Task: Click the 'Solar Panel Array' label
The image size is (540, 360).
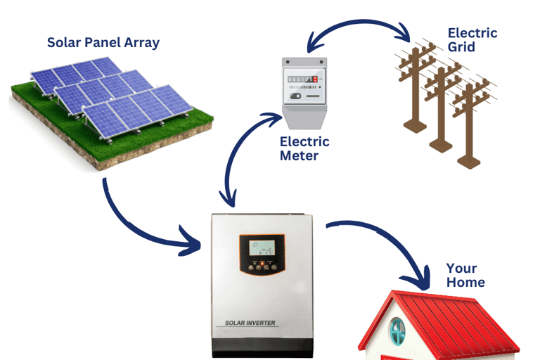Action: click(x=103, y=43)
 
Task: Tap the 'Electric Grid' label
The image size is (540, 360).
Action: click(x=472, y=39)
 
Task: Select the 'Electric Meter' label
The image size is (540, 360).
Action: click(x=304, y=148)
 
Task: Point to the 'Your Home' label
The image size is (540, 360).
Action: click(x=465, y=275)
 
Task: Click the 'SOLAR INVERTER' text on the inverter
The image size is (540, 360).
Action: click(x=250, y=323)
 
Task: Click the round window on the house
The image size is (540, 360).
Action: click(x=398, y=330)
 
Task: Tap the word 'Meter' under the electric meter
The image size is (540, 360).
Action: click(x=299, y=155)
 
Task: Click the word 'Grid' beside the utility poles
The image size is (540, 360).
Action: click(x=461, y=47)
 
